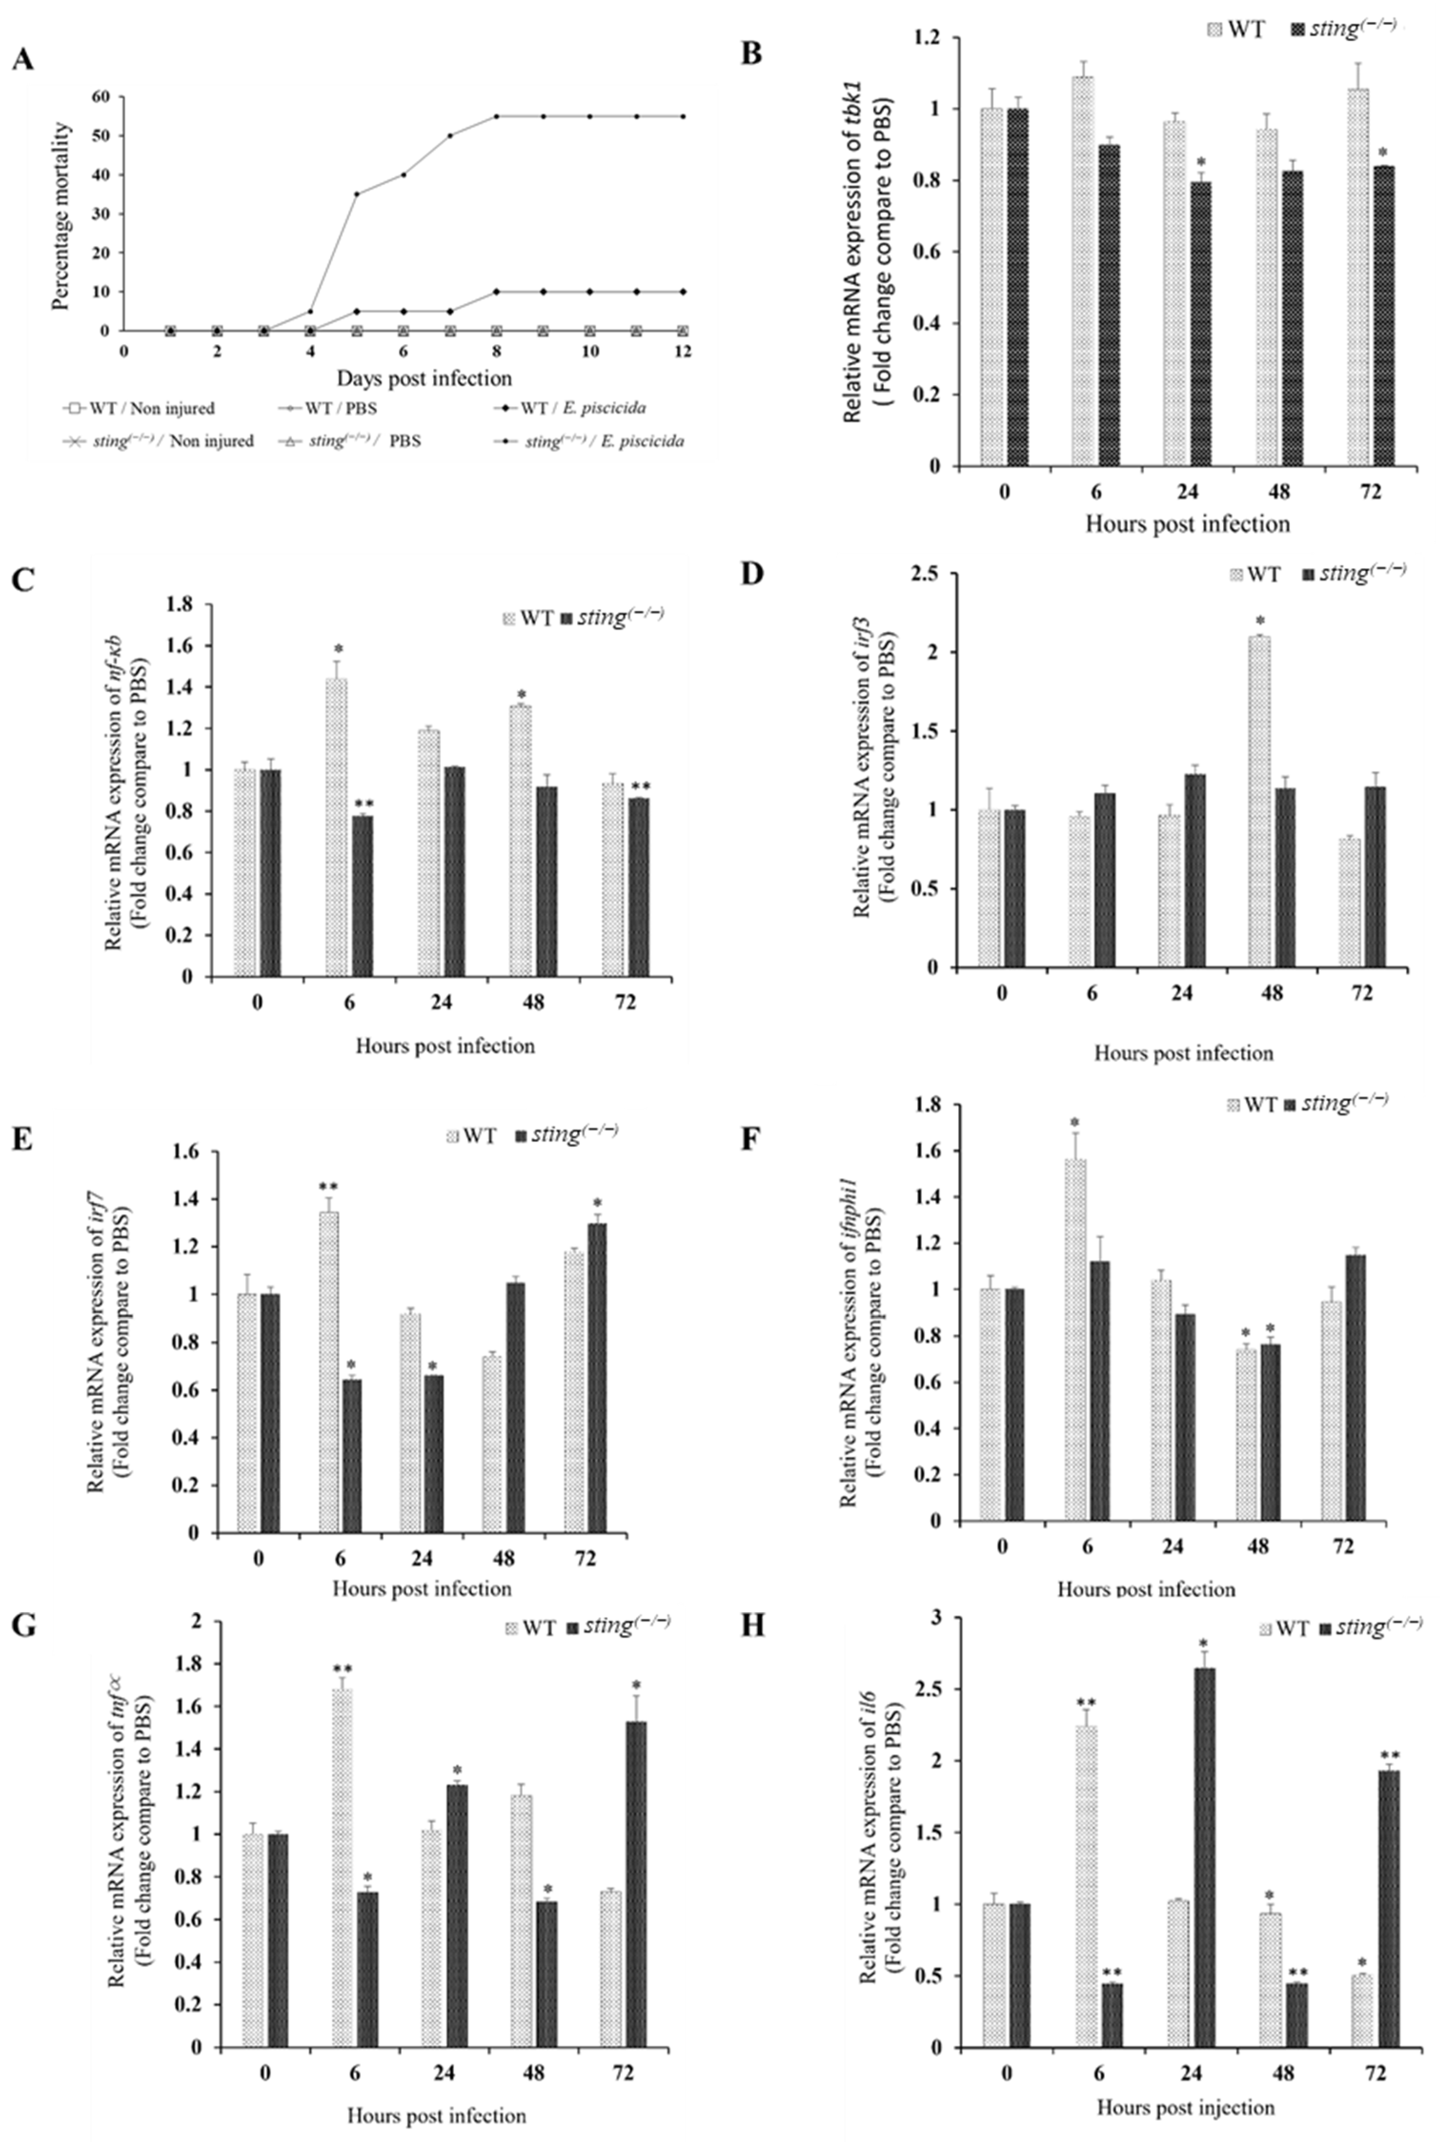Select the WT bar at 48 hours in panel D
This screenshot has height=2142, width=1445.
point(1259,802)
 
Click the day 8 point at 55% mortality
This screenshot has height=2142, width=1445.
point(496,116)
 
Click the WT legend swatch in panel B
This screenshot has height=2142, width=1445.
point(1214,30)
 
